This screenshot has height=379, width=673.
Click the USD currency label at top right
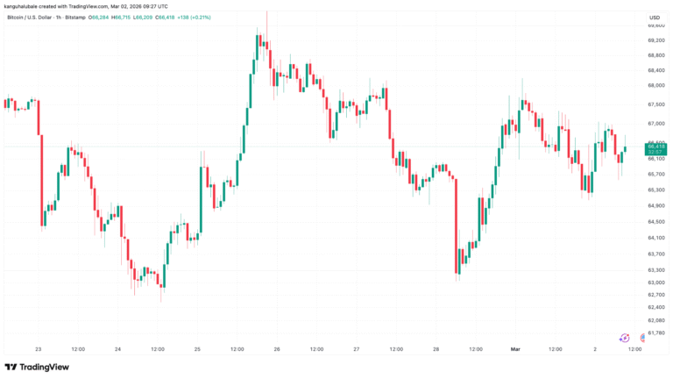pos(654,17)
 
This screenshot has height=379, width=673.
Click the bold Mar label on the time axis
pos(515,349)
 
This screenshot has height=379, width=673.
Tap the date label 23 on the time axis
pos(38,349)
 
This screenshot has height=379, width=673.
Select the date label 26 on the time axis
pos(277,349)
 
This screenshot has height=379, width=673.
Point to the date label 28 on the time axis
pos(436,349)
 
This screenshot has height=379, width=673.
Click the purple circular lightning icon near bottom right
pos(625,337)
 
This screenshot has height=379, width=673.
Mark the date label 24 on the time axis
pos(117,349)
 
